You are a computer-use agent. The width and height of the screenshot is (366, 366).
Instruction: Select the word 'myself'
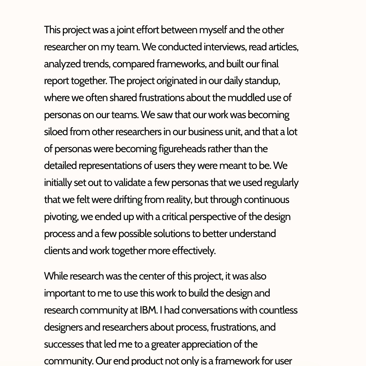point(213,30)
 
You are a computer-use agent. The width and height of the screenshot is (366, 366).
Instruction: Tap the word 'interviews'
point(225,47)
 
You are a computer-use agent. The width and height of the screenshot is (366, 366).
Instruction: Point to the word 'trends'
point(96,64)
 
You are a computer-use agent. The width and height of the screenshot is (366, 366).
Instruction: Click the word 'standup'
point(262,81)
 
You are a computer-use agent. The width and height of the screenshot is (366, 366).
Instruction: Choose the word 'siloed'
point(56,132)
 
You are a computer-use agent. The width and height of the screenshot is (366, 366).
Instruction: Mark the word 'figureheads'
point(182,149)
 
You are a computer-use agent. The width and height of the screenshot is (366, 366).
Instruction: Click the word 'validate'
point(129,183)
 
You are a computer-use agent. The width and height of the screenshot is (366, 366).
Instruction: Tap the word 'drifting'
point(128,200)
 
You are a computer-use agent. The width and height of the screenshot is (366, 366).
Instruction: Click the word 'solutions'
point(172,234)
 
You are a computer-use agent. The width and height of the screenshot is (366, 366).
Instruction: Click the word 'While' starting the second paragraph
point(56,276)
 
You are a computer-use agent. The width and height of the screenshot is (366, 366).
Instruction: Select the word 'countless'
point(278,310)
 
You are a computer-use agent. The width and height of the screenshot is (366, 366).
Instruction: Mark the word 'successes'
point(64,344)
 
